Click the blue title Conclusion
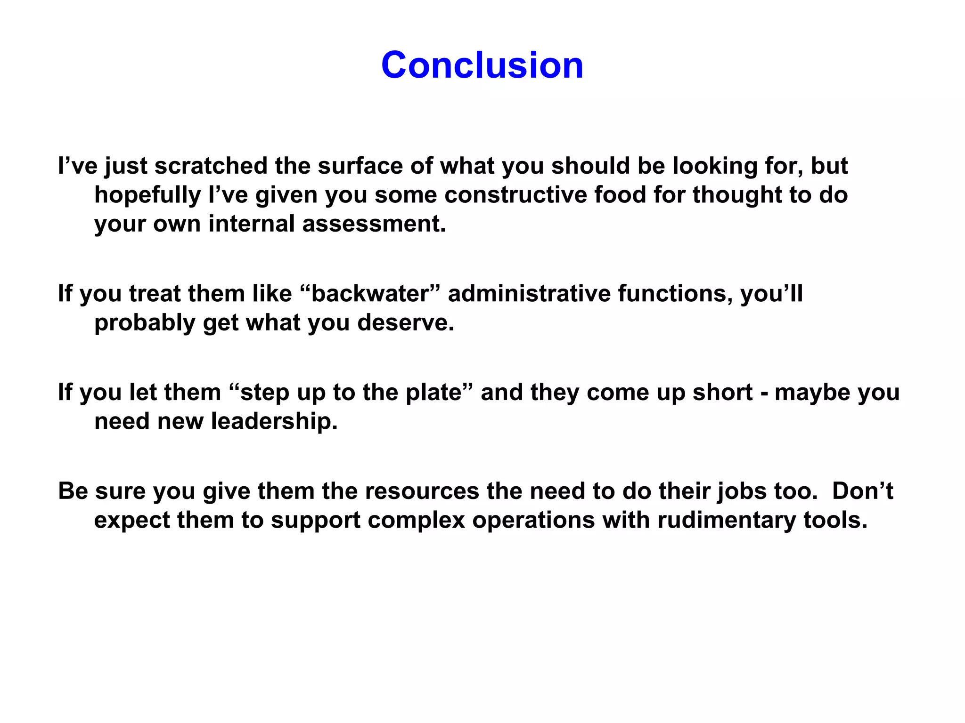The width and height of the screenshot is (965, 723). point(482,65)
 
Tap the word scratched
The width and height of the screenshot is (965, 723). point(211,166)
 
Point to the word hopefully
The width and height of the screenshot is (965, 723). point(147,195)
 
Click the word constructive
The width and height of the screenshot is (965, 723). point(515,195)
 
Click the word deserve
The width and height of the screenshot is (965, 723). point(405,323)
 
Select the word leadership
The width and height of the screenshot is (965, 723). point(274,421)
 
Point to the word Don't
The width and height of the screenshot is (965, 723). point(862,491)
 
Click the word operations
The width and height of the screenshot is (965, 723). point(533,521)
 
